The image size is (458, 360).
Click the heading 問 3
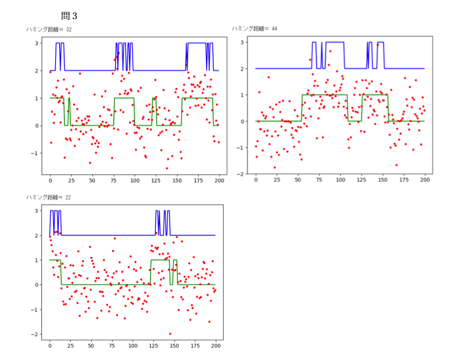[69, 16]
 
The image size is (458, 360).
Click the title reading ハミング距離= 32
[49, 30]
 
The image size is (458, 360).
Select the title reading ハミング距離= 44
[254, 29]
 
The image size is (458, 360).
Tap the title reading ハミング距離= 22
[49, 197]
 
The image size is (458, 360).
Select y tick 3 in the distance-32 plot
[38, 43]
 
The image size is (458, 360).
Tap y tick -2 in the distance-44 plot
[242, 174]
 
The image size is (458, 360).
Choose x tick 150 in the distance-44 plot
[382, 180]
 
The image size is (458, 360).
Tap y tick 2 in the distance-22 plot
[38, 236]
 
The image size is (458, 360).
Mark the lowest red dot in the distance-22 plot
[170, 334]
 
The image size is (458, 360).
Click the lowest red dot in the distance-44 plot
[274, 168]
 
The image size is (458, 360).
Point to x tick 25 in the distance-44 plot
[277, 180]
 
